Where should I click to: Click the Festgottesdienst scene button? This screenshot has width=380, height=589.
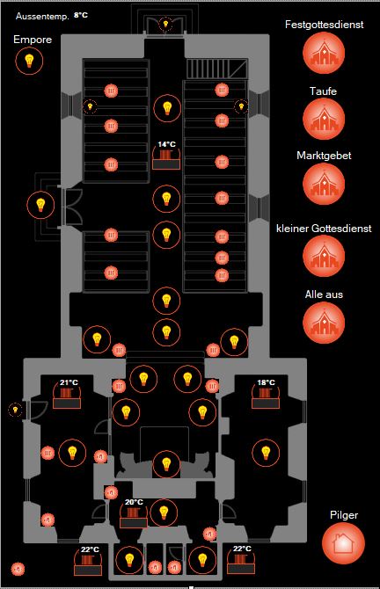pos(324,53)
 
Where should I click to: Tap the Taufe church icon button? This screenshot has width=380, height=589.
pos(324,119)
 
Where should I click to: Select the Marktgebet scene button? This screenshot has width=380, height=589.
pos(324,184)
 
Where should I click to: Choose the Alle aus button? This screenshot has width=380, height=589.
pos(324,323)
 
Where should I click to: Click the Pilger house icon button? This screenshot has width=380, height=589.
pos(344,543)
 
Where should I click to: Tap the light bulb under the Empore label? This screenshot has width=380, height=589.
pos(29,61)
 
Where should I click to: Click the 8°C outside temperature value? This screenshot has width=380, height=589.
pos(81,15)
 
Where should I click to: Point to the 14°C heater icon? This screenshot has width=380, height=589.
pos(166,157)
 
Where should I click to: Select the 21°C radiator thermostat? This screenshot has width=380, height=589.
pos(67,396)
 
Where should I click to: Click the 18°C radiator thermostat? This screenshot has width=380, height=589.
pos(266,396)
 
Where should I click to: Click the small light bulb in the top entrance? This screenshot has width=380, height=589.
pos(165,25)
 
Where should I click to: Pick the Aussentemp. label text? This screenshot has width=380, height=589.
pos(42,16)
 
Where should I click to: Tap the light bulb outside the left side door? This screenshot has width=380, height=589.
pos(40,205)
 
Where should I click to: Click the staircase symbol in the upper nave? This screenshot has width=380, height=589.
pos(217,69)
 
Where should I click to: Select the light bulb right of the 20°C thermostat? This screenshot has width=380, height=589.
pos(164,513)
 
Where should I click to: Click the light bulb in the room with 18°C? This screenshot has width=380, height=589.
pos(266,453)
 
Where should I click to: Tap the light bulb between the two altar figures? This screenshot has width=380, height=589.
pos(166,464)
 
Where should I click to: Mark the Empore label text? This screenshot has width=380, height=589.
pos(33,40)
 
